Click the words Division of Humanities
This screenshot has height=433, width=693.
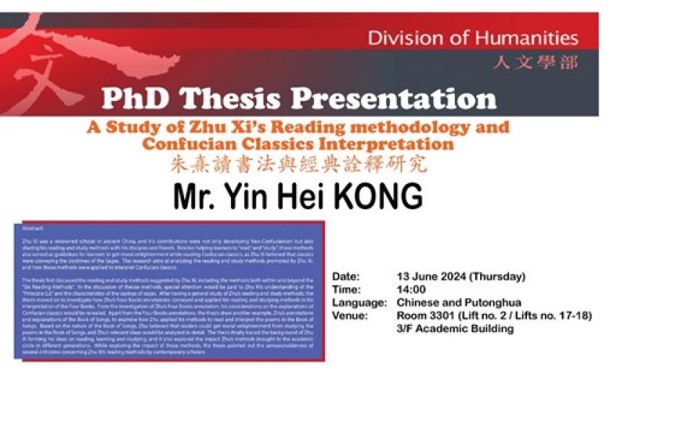click(472, 38)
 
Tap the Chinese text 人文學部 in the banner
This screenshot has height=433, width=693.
click(536, 63)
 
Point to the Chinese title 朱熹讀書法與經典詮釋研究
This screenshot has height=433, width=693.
click(298, 165)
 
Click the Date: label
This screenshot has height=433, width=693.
click(345, 276)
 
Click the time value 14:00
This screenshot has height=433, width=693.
click(411, 289)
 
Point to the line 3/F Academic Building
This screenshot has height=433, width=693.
click(455, 328)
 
